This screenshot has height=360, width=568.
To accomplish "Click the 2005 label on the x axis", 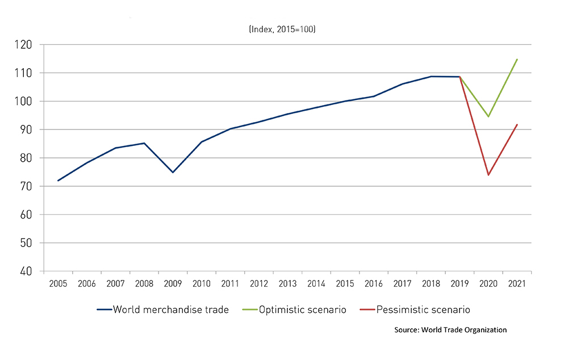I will click(x=58, y=283).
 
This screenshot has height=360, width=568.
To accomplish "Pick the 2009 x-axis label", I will click(x=173, y=283).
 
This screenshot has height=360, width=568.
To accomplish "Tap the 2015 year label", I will click(x=345, y=283).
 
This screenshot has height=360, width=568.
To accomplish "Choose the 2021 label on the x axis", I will click(x=517, y=283).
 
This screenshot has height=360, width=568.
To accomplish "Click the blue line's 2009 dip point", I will click(x=173, y=172).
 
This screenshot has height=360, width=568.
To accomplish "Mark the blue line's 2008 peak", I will click(x=144, y=143).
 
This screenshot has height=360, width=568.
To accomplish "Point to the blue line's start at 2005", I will click(x=58, y=181).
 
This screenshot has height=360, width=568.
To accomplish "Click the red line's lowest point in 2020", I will click(x=488, y=175).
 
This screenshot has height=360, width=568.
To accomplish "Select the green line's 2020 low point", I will click(x=488, y=116).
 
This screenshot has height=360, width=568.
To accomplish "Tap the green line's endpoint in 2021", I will click(x=517, y=59).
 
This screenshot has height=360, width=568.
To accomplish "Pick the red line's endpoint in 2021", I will click(x=517, y=124).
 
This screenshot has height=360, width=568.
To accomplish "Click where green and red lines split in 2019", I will click(x=460, y=77).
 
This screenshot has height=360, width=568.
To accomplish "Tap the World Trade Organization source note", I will click(x=450, y=330).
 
